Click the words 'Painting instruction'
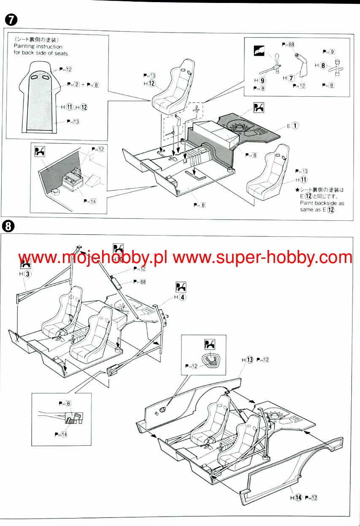tap(38, 47)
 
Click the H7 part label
tap(288, 78)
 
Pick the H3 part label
tap(25, 274)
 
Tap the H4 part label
tap(179, 297)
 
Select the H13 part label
tap(247, 360)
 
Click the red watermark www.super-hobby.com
tap(263, 257)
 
